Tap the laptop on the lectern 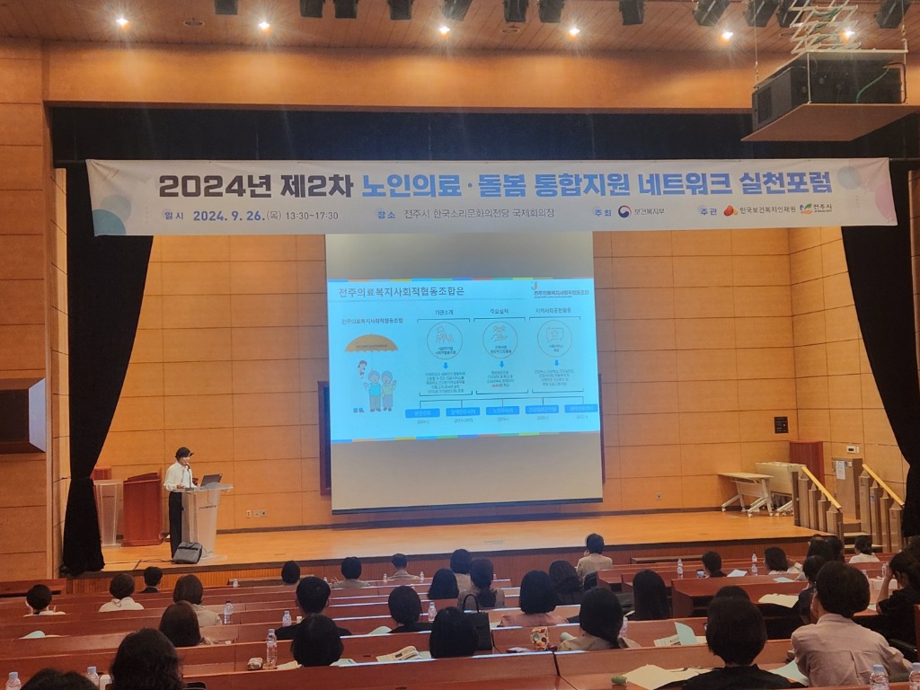tap(211, 481)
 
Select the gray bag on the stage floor tap(188, 553)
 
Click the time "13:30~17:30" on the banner tap(314, 216)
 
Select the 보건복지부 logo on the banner tap(641, 212)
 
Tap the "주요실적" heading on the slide tap(499, 312)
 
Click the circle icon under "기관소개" tap(444, 340)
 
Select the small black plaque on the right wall tap(781, 424)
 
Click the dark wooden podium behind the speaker tap(141, 509)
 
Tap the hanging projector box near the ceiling tap(827, 90)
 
